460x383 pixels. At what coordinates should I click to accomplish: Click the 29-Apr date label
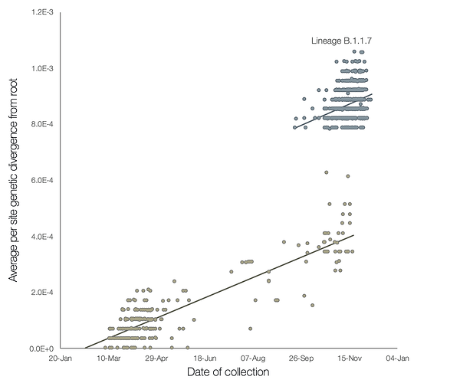157,358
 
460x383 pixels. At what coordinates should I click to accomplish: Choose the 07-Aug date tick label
253,358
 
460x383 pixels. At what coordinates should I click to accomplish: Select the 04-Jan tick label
398,358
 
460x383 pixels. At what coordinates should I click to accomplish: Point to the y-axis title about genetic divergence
13,182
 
